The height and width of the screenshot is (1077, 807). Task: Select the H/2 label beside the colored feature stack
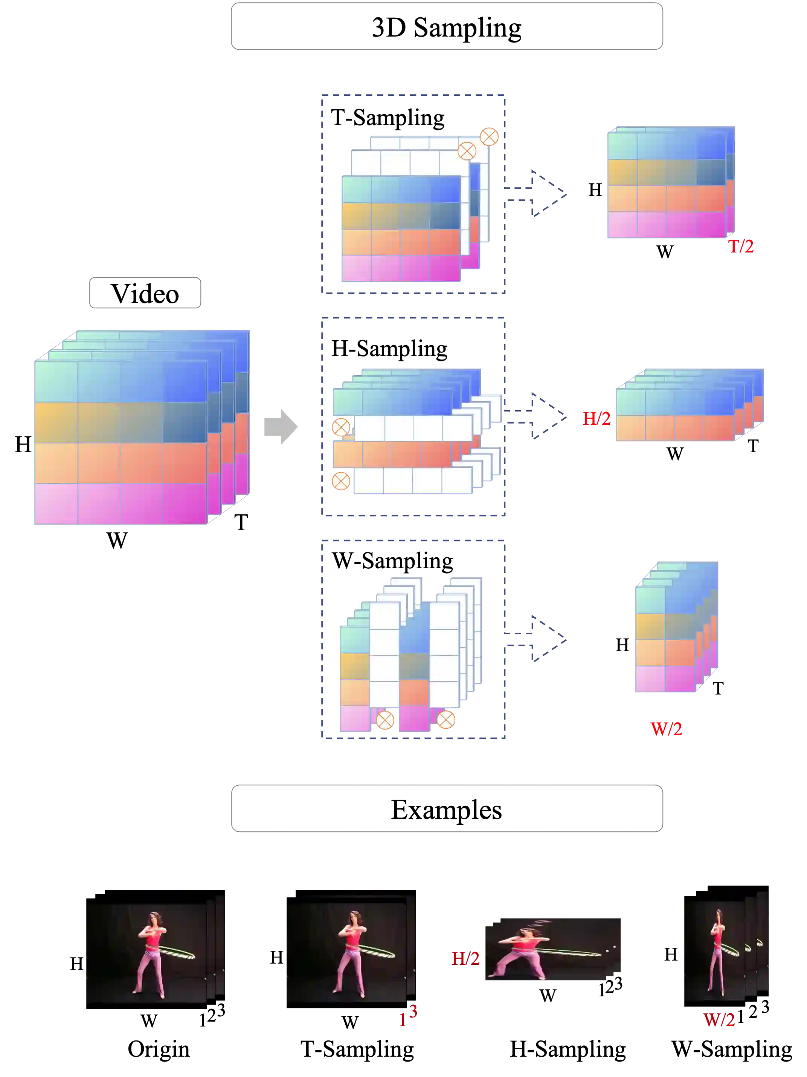pos(596,418)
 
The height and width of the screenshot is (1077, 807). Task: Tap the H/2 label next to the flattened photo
pos(466,958)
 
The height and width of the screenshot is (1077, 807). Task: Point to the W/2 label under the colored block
pos(667,728)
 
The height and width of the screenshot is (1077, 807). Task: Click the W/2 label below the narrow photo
pos(719,1020)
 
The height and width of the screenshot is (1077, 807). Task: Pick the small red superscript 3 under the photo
pos(413,1012)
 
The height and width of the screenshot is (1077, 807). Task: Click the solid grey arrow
pos(280,427)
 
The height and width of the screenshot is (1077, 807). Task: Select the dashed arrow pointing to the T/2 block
pos(540,193)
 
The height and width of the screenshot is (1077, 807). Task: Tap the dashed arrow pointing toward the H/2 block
pos(540,416)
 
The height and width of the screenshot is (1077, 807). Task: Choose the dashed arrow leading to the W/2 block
pos(540,639)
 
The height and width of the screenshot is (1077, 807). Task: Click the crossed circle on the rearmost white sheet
pos(489,136)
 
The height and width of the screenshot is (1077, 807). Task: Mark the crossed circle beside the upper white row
pos(340,427)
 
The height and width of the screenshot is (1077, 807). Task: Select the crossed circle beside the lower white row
pos(340,482)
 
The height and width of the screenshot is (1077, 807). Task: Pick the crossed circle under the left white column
pos(385,721)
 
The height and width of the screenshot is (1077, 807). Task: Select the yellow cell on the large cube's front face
pos(56,422)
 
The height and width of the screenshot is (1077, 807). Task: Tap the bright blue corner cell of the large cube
pos(185,381)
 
